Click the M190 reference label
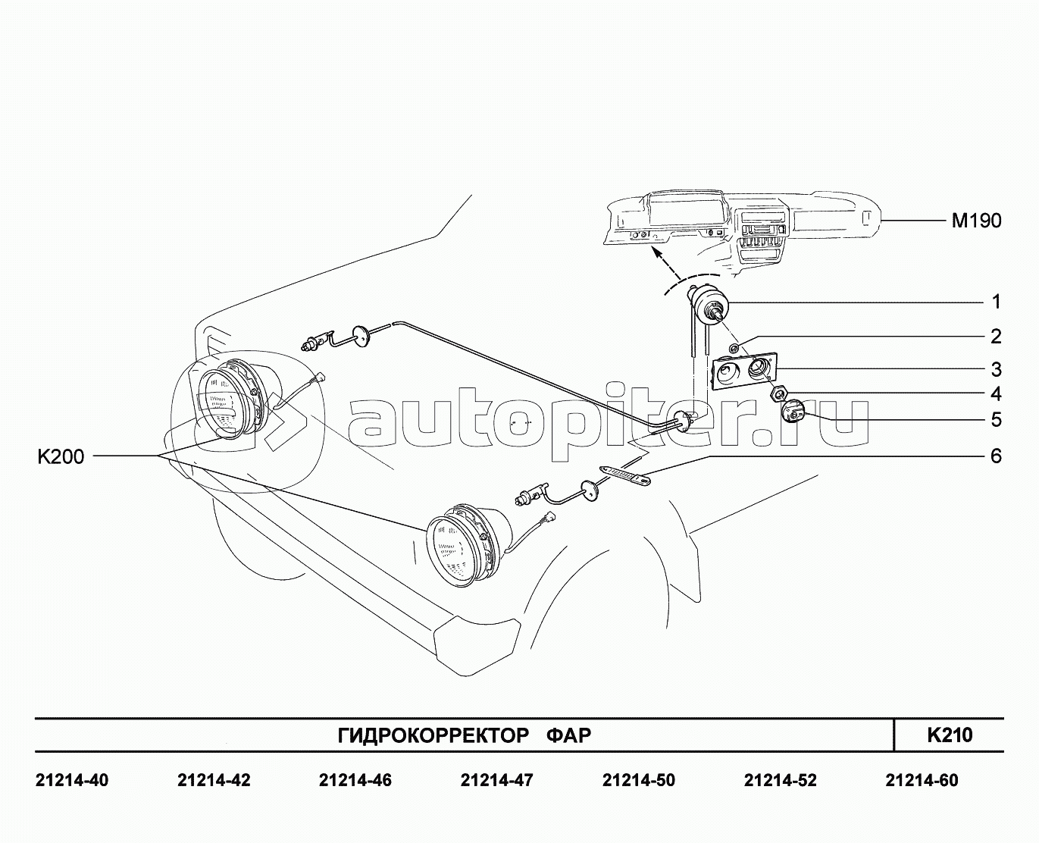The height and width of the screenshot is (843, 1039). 977,221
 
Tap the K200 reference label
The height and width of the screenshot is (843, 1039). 61,456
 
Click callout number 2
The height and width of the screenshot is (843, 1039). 996,336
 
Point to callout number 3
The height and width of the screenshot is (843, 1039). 996,369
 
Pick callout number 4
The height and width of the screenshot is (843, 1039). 996,394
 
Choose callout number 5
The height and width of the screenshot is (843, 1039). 996,419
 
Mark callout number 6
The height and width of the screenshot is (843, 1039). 996,456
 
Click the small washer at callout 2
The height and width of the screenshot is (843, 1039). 734,347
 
